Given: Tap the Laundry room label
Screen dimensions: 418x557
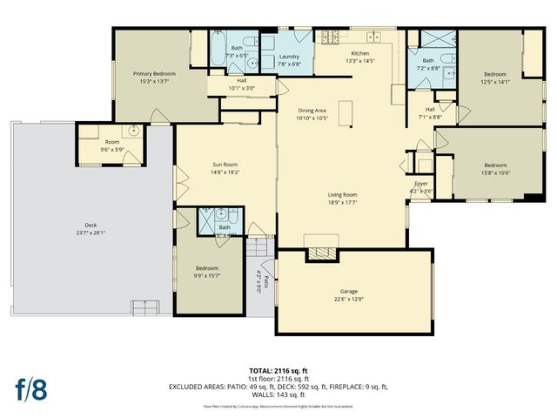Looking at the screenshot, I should pos(290,57).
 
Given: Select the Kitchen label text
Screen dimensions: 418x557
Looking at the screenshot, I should pos(359,52).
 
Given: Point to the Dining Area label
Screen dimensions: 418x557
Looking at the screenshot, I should pos(312,111).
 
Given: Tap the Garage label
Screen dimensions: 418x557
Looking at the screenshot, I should pos(349,291).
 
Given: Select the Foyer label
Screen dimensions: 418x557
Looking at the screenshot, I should pos(420,185).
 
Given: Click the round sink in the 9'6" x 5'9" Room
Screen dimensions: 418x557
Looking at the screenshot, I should pos(133,131).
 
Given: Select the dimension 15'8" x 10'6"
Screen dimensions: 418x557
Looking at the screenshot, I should pos(495,172).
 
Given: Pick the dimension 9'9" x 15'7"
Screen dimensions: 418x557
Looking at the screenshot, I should pos(207,275).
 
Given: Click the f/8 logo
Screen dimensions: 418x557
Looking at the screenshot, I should pos(30,388).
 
